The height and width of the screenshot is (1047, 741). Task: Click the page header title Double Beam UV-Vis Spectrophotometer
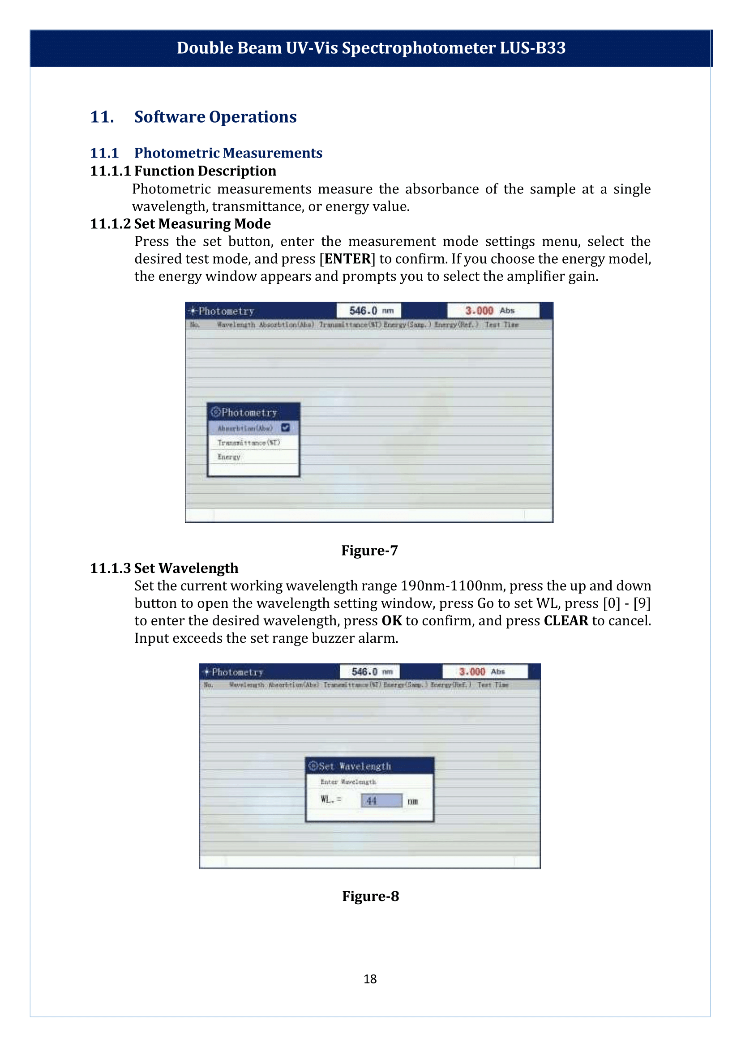point(371,48)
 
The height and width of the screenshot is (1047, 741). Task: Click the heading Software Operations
point(215,117)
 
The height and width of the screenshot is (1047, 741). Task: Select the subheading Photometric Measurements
point(228,153)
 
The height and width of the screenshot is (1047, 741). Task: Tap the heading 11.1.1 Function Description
point(183,171)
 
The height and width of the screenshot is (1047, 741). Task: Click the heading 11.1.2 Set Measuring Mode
point(180,223)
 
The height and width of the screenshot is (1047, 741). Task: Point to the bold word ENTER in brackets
point(347,259)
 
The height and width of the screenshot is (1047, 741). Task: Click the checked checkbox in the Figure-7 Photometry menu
point(286,427)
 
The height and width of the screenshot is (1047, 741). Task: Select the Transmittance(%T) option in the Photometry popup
point(248,443)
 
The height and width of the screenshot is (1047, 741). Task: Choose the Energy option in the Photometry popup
point(229,457)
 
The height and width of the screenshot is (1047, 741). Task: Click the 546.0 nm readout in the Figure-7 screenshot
point(368,311)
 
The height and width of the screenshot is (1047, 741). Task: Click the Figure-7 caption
point(369,550)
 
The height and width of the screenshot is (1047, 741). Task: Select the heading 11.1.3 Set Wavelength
point(164,568)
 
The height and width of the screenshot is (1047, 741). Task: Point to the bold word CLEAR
point(566,620)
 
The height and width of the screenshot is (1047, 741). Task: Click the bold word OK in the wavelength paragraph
point(391,620)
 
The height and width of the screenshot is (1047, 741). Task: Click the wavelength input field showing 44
point(381,801)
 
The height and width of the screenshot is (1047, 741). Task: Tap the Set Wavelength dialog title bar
point(369,766)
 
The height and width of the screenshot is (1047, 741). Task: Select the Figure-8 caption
point(371,896)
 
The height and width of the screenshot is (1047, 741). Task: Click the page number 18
point(370,979)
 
